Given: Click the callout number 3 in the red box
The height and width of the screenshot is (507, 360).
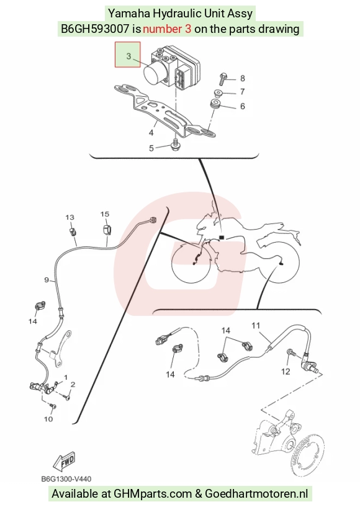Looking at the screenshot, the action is pyautogui.click(x=128, y=56).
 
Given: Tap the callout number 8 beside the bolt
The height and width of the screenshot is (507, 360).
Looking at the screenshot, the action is pyautogui.click(x=242, y=78).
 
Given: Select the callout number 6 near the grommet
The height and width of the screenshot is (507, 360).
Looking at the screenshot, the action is pyautogui.click(x=242, y=106).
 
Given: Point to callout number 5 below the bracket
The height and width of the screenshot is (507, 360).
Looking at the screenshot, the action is pyautogui.click(x=151, y=148).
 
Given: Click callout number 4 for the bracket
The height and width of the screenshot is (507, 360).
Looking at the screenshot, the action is pyautogui.click(x=151, y=132).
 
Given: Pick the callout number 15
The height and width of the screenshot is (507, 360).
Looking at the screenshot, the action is pyautogui.click(x=105, y=214).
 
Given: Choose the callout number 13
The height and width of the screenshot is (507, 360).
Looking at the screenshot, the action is pyautogui.click(x=70, y=217).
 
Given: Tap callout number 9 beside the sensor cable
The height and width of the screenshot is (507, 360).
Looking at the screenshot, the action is pyautogui.click(x=47, y=280).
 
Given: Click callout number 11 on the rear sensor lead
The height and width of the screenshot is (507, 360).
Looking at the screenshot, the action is pyautogui.click(x=256, y=325).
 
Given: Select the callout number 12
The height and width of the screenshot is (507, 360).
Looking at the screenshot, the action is pyautogui.click(x=286, y=372).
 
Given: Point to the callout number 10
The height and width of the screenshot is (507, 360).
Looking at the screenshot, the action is pyautogui.click(x=48, y=419).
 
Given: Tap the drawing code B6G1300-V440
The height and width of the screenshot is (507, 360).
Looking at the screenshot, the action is pyautogui.click(x=66, y=478).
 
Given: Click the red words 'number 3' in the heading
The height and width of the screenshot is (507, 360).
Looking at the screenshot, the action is pyautogui.click(x=167, y=29).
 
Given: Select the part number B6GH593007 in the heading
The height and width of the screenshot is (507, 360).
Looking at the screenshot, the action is pyautogui.click(x=95, y=29).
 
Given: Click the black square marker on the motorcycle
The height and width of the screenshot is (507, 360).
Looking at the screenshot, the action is pyautogui.click(x=221, y=237).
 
